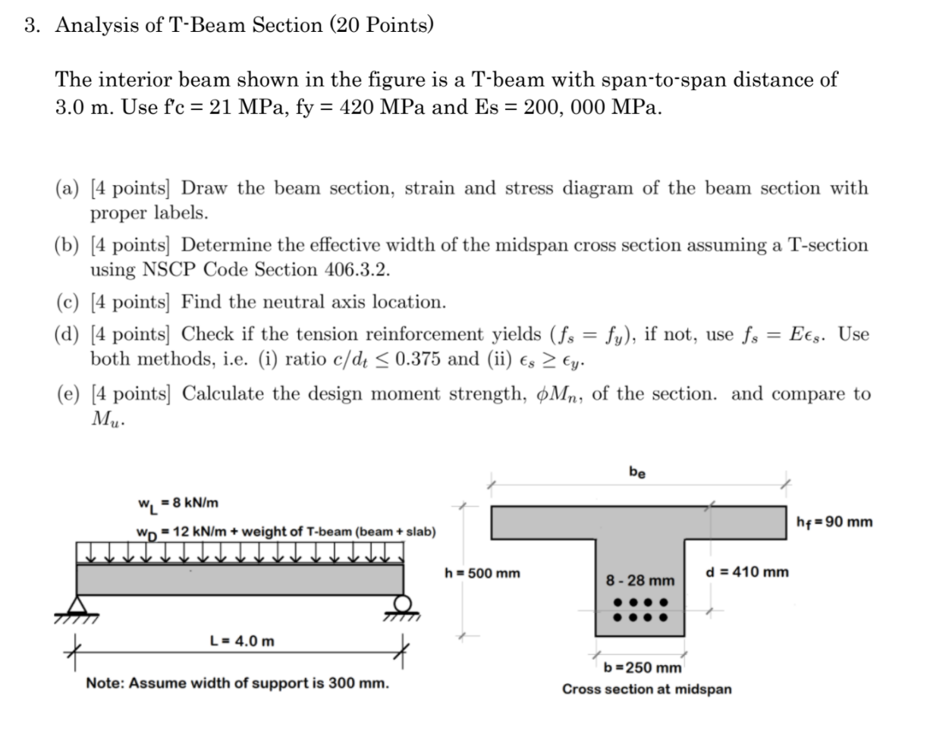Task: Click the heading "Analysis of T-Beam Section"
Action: (189, 26)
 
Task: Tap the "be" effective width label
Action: (637, 472)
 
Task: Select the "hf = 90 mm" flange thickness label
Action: (834, 522)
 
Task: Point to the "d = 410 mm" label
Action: (746, 572)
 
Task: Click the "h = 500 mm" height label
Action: (482, 573)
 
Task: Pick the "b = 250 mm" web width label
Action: (643, 668)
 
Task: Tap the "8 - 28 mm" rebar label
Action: (639, 581)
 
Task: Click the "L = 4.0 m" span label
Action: (242, 641)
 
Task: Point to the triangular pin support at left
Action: (76, 606)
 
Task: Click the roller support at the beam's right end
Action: (403, 604)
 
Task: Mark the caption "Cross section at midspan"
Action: (646, 689)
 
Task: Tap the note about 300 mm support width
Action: (237, 683)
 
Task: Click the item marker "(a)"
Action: (68, 189)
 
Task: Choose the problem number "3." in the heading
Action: (32, 26)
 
